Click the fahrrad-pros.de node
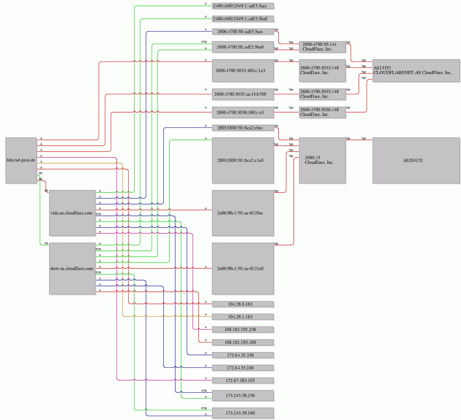click(x=21, y=160)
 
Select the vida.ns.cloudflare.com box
click(x=72, y=213)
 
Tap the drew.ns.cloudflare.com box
click(x=72, y=268)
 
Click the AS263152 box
click(x=416, y=160)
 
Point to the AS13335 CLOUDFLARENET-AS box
click(x=416, y=71)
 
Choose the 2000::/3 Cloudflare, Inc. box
click(x=322, y=160)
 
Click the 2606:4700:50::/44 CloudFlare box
click(x=322, y=47)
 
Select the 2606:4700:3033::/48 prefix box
click(x=322, y=71)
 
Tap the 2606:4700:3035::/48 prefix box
click(x=322, y=94)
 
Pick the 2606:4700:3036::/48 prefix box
click(x=322, y=112)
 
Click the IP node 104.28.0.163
click(x=242, y=304)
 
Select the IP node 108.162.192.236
click(x=242, y=330)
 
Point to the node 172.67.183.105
click(x=242, y=380)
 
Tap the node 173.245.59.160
click(x=242, y=413)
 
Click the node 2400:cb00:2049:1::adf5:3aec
click(x=242, y=6)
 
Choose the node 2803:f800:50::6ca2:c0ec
click(x=242, y=128)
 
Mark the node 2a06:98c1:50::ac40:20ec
click(x=242, y=213)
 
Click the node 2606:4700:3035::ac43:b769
click(x=242, y=94)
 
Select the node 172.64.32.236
click(x=242, y=355)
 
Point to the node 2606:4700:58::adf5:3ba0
click(x=242, y=47)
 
